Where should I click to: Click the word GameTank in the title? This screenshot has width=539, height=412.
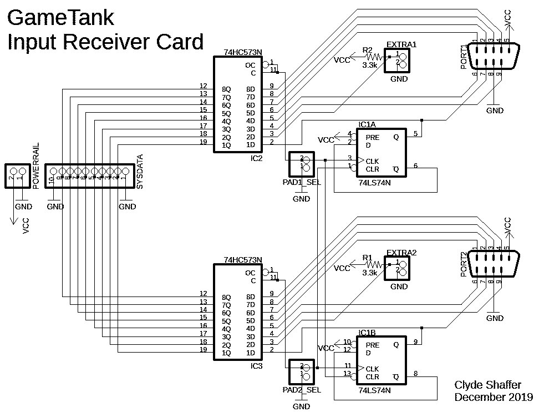60,18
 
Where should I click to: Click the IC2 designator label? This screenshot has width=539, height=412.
256,158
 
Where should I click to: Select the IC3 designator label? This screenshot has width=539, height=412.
256,366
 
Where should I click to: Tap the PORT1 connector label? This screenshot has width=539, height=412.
464,57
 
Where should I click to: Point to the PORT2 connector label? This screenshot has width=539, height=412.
464,265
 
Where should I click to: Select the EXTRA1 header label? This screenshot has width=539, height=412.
401,44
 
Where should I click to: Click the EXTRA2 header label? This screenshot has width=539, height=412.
401,253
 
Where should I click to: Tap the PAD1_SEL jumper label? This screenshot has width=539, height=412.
301,182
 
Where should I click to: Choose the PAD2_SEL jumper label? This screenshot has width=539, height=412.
301,390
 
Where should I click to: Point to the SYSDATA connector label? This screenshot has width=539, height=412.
140,172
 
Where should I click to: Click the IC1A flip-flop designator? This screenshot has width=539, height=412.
367,124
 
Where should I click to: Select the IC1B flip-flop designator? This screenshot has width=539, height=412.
367,333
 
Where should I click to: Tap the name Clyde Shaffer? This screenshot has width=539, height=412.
487,385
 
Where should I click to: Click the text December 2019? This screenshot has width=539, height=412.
494,397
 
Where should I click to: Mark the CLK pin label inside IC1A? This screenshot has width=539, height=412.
372,160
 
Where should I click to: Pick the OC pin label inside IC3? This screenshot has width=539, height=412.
250,273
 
